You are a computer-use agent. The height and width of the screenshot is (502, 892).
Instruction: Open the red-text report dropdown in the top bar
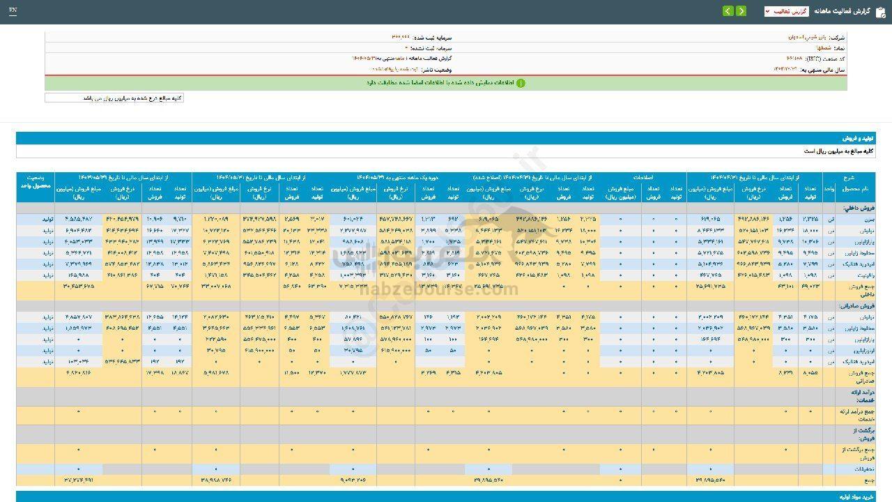[786, 11]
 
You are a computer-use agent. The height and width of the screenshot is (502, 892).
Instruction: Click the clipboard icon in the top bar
[879, 11]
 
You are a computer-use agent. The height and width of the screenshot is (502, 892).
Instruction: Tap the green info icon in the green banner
[520, 83]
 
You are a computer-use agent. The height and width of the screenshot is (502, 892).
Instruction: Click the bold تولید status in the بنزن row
[47, 220]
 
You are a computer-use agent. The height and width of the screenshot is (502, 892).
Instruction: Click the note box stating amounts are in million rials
[114, 98]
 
